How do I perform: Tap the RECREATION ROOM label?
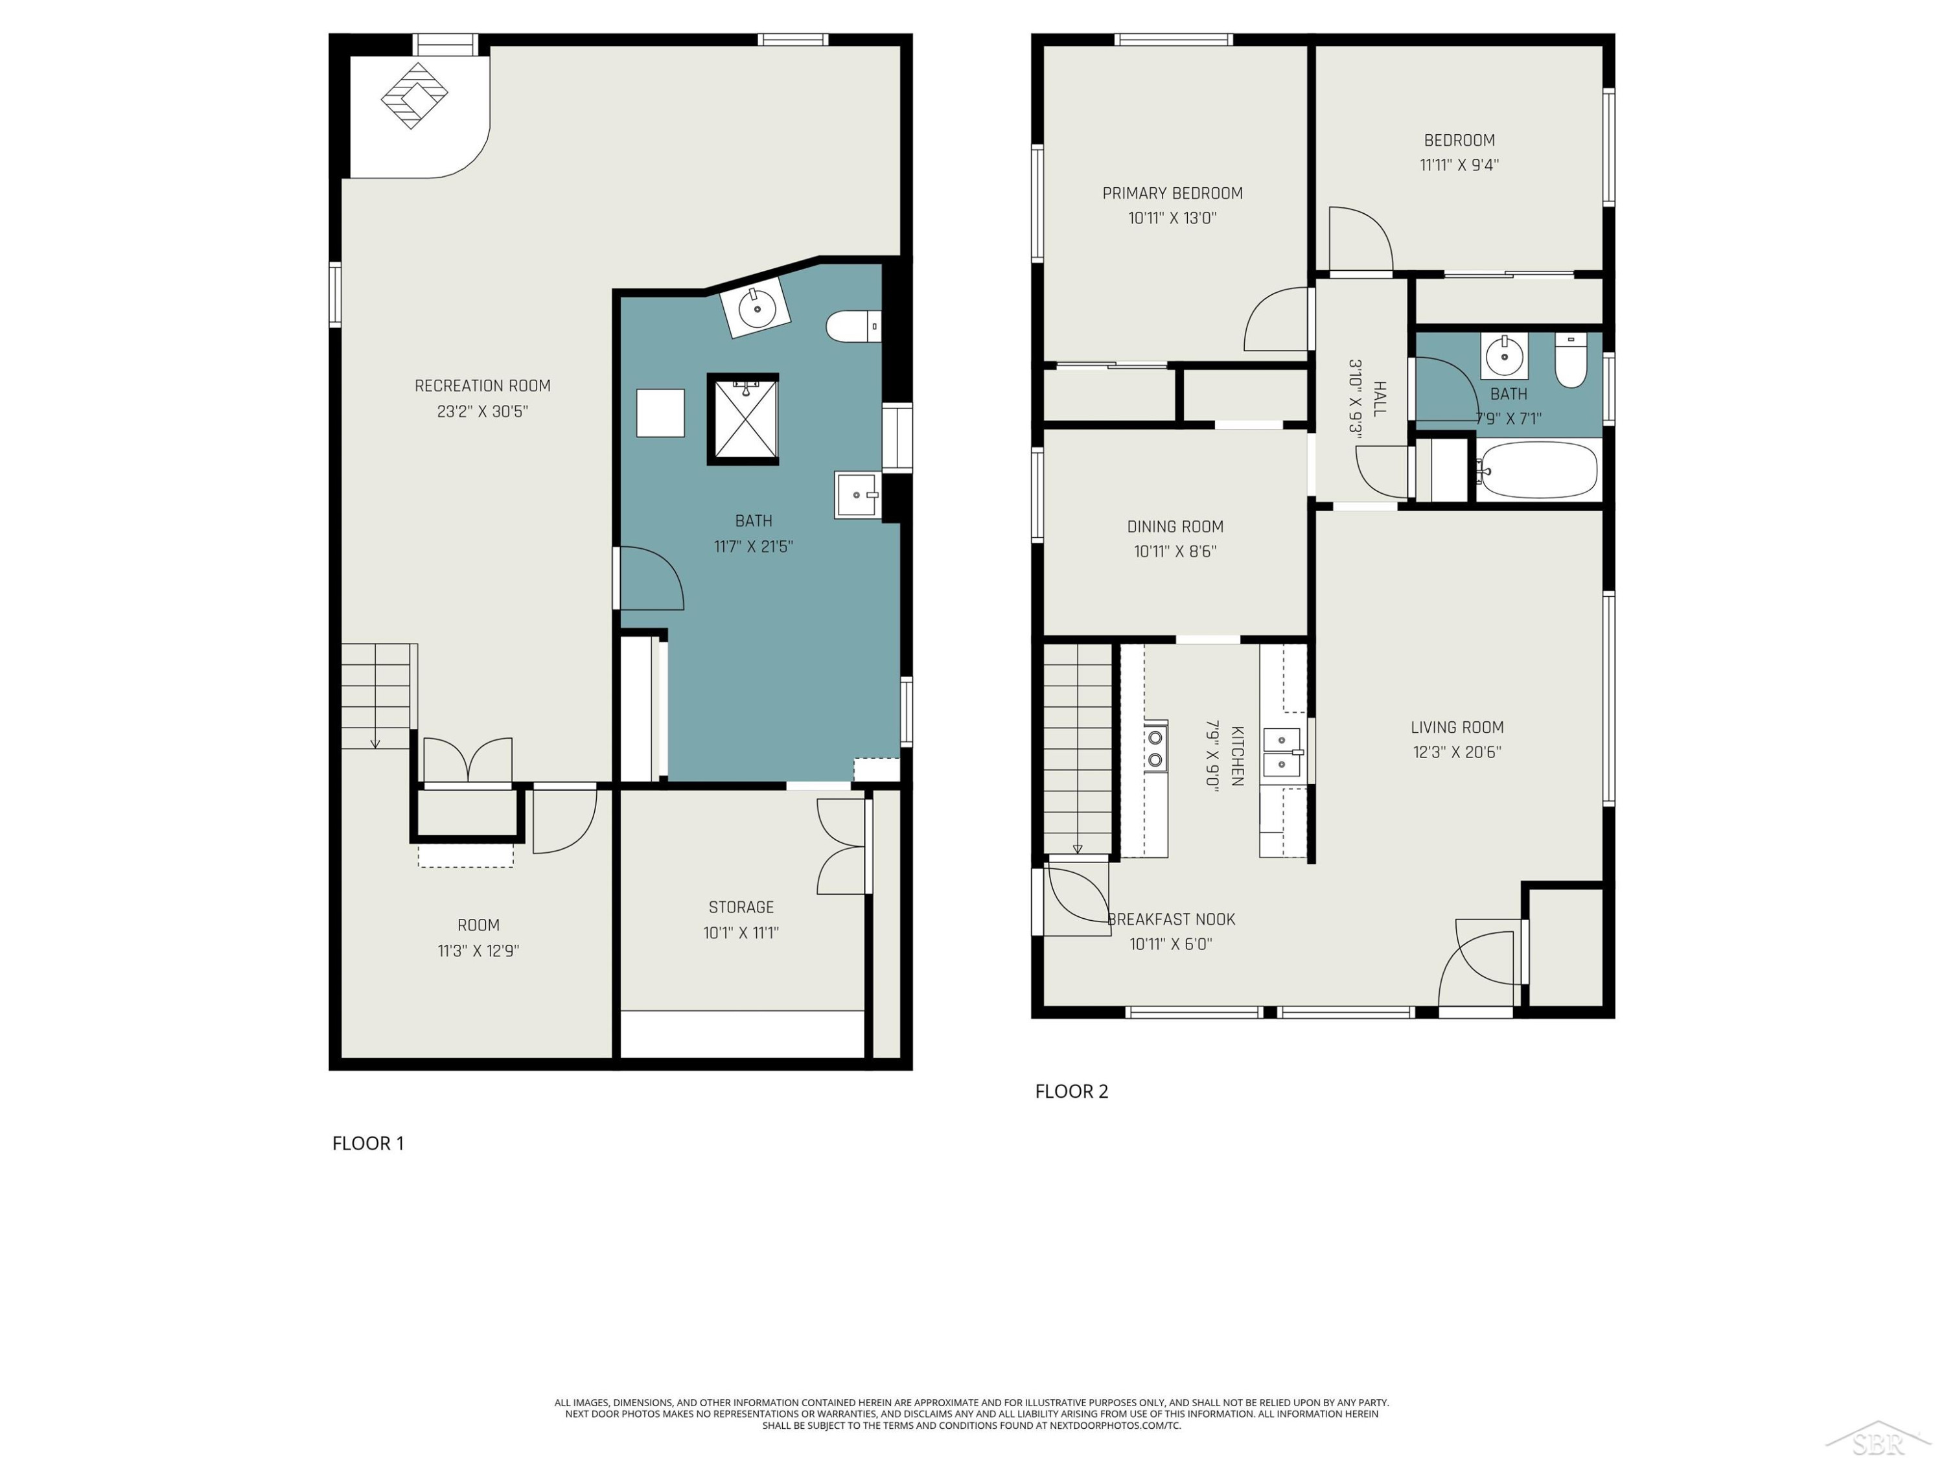coord(483,386)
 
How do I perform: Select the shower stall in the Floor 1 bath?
coord(743,419)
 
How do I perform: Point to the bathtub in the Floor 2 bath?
coord(1536,470)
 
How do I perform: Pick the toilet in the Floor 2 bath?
coord(1571,360)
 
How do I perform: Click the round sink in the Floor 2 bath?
coord(1505,356)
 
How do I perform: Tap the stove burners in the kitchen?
coord(1155,748)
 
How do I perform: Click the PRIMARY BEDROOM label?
coord(1172,193)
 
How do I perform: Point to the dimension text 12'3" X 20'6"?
coord(1457,752)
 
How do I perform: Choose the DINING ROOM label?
coord(1175,526)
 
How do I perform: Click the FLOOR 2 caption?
coord(1071,1091)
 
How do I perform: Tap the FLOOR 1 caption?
coord(368,1143)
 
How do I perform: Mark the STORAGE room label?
coord(741,907)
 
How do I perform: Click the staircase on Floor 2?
coord(1078,749)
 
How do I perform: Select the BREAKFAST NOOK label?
coord(1172,920)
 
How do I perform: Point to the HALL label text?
coord(1380,399)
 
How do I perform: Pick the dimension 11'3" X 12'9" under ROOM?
coord(478,951)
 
